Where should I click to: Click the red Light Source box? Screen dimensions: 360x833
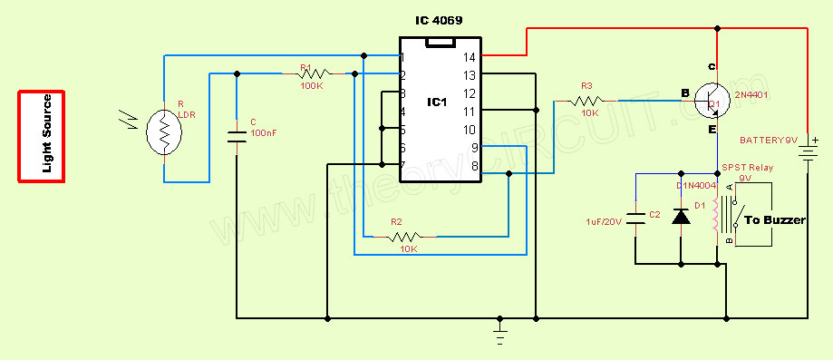coord(42,136)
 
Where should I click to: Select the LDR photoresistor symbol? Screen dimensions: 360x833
coord(164,132)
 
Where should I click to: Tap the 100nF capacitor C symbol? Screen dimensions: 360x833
coord(236,137)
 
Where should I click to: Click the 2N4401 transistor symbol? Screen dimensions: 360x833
coord(716,100)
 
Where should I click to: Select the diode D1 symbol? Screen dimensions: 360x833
coord(681,217)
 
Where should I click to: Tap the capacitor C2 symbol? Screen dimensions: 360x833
coord(636,217)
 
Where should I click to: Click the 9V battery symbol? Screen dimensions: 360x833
coord(806,149)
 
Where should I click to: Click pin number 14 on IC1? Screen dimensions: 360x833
coord(469,57)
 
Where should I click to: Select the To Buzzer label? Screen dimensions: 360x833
coord(775,220)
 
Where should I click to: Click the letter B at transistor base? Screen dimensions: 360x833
coord(685,92)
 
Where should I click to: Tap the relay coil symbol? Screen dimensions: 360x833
coord(717,217)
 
